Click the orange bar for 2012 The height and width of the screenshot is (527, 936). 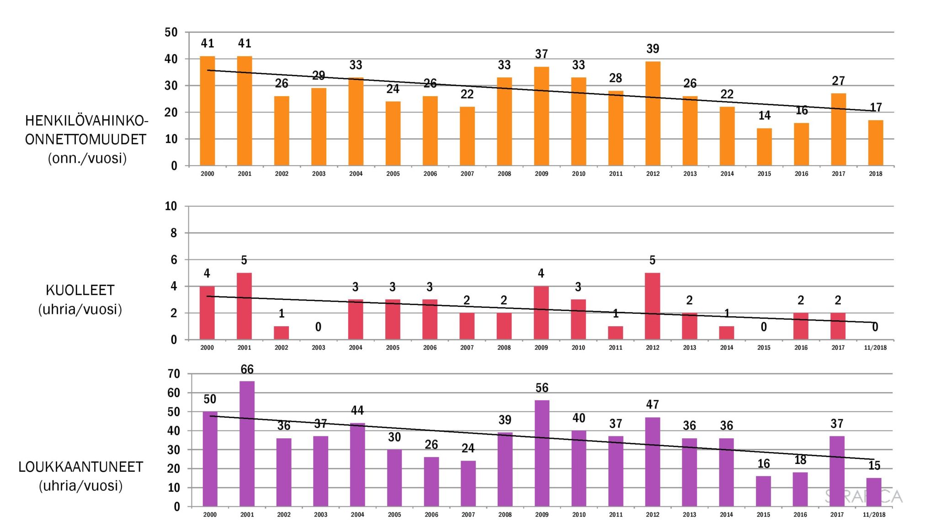pos(653,113)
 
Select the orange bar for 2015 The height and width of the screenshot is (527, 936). pos(764,147)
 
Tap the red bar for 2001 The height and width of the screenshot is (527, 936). pos(244,306)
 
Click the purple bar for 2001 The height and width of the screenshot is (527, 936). pos(247,443)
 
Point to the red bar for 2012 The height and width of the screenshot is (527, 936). pos(653,306)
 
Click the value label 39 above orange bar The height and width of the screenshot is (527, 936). pos(653,49)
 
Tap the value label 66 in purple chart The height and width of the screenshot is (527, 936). pos(247,370)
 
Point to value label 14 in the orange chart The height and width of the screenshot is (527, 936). pos(765,116)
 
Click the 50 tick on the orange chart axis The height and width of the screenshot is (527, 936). pos(171,32)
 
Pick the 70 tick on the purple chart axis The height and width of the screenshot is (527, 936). pos(174,374)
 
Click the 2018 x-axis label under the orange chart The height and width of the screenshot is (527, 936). pos(875,174)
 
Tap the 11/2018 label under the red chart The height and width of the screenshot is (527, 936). pos(875,348)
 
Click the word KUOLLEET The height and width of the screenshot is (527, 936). pos(80,290)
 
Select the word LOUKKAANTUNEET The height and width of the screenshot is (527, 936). pos(81,467)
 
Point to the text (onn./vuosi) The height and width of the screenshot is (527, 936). pos(87,158)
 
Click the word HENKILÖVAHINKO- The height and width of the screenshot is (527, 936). pos(87,121)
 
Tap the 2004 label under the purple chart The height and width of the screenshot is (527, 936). pos(357,515)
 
